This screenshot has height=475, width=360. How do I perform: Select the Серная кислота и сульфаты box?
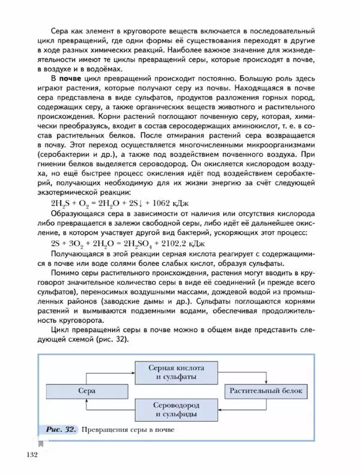click(176, 372)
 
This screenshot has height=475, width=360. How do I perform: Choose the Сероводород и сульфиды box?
click(176, 409)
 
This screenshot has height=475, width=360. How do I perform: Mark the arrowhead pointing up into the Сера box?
click(88, 401)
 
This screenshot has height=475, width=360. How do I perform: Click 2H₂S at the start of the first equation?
click(61, 204)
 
